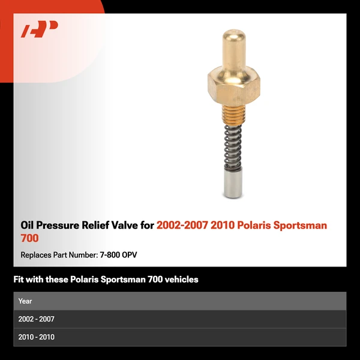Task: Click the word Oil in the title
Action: (x=28, y=226)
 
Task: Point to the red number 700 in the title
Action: (x=29, y=239)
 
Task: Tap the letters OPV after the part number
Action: (x=129, y=255)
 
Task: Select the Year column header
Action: (x=25, y=301)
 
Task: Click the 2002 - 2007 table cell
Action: (x=37, y=319)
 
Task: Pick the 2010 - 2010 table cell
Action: (x=37, y=337)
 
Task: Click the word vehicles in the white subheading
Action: (x=178, y=280)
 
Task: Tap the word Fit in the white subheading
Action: (x=20, y=280)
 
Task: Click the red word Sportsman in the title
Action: (x=302, y=226)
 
